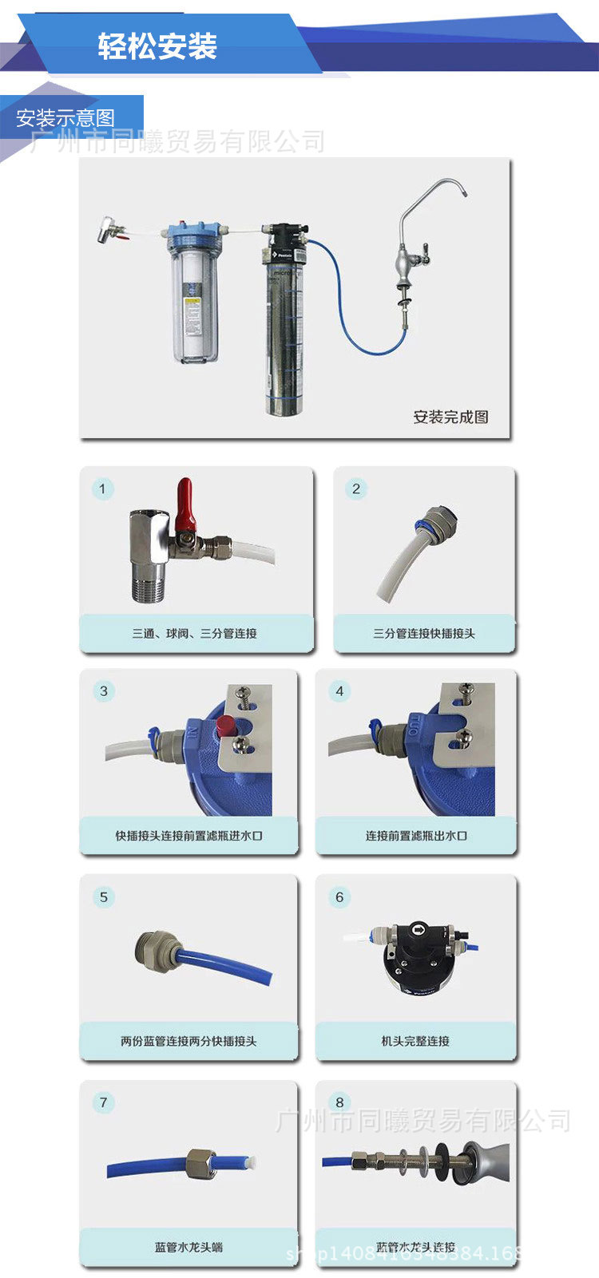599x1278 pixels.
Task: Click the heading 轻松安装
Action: [157, 46]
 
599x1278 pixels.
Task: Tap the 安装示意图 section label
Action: [65, 119]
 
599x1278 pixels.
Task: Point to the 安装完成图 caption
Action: [450, 417]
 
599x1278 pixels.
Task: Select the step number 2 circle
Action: [356, 489]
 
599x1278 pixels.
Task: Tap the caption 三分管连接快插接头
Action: [424, 633]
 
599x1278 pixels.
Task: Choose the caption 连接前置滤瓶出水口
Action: [416, 836]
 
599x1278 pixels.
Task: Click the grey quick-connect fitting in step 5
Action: [155, 948]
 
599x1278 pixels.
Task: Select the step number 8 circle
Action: [339, 1102]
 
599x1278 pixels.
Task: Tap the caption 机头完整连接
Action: [415, 1041]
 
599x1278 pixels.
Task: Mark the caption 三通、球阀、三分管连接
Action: [195, 633]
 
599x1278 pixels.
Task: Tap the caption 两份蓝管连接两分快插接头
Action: [188, 1041]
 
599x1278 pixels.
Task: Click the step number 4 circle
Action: [339, 691]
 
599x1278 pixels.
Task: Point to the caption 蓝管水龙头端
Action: [188, 1247]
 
